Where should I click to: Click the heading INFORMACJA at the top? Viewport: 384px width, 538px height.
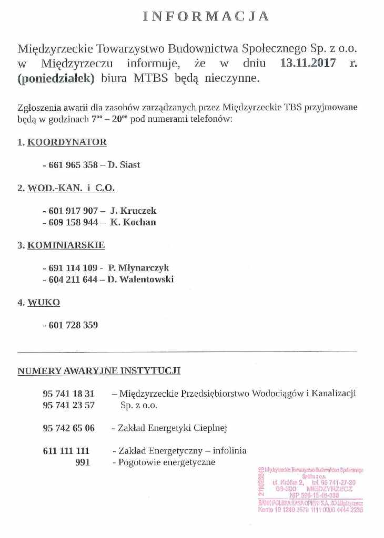pyautogui.click(x=206, y=17)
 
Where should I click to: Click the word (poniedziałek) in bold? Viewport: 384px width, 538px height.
pyautogui.click(x=56, y=79)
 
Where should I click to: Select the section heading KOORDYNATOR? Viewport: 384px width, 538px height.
pyautogui.click(x=67, y=142)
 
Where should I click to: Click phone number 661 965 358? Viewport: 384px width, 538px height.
pyautogui.click(x=73, y=165)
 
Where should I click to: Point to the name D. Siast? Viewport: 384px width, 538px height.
pyautogui.click(x=124, y=165)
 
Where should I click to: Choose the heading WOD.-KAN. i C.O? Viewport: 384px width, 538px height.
pyautogui.click(x=71, y=188)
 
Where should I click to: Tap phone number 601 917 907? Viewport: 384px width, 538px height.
pyautogui.click(x=73, y=211)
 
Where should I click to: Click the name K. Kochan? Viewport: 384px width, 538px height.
pyautogui.click(x=133, y=222)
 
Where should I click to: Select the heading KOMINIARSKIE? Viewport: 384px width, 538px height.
pyautogui.click(x=66, y=245)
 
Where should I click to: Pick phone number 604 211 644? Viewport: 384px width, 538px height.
pyautogui.click(x=73, y=280)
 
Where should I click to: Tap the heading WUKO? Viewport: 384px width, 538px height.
pyautogui.click(x=44, y=303)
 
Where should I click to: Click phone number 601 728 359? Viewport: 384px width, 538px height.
pyautogui.click(x=73, y=325)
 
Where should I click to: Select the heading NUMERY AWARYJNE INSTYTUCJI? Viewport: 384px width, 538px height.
pyautogui.click(x=99, y=370)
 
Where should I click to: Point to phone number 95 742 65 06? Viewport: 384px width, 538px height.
pyautogui.click(x=68, y=428)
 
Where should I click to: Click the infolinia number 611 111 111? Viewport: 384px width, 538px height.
pyautogui.click(x=66, y=451)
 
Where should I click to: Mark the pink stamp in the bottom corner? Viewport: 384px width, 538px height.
pyautogui.click(x=311, y=489)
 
